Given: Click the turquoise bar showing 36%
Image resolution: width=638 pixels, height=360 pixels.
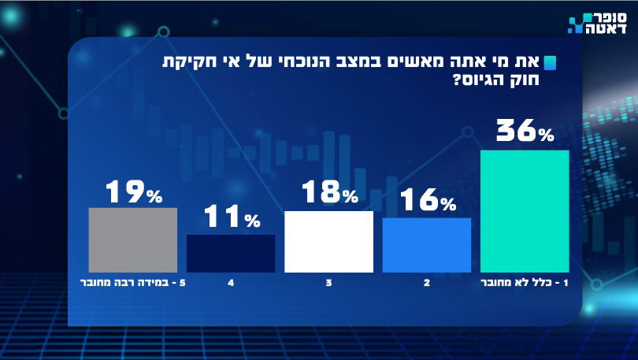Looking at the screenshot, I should coord(524,210).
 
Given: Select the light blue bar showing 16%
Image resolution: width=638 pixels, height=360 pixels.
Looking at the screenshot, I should coord(426,244).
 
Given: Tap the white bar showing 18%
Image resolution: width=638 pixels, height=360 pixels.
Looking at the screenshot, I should coord(328,241).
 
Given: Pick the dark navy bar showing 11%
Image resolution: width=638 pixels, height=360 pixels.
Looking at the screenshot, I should coord(231,253).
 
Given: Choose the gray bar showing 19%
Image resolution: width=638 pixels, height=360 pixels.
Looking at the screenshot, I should coord(132,239).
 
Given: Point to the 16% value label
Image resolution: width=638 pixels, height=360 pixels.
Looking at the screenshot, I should coord(427,202).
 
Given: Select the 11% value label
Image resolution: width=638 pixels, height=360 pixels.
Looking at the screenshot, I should coord(232,218).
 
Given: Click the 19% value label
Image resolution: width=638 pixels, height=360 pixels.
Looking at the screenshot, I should coord(133,191).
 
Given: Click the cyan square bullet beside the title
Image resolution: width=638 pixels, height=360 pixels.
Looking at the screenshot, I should coord(551,63).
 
